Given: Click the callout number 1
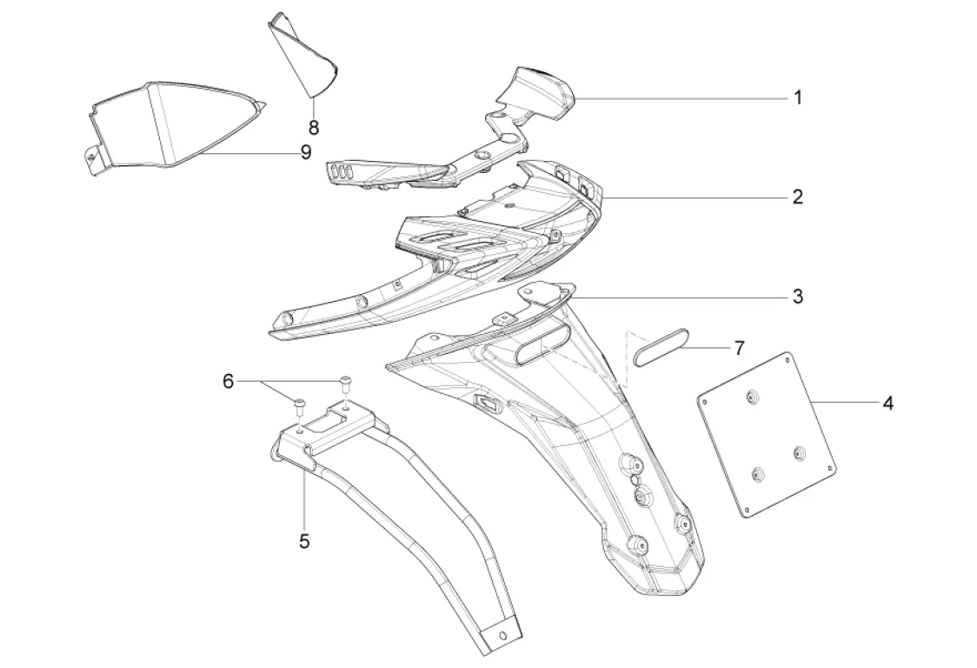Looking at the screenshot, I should click(797, 97).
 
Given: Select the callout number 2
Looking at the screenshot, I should click(797, 197).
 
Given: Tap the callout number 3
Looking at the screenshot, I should click(797, 297).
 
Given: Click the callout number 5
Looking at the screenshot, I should click(304, 540).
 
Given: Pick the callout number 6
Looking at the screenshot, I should click(229, 381).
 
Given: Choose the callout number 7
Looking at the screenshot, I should click(739, 349).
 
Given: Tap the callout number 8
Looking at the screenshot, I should click(314, 127).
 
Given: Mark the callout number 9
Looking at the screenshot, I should click(305, 152).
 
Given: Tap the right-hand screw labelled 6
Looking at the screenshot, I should click(345, 380).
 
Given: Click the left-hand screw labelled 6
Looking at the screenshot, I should click(300, 404).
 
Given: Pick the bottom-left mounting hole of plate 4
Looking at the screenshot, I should click(758, 474).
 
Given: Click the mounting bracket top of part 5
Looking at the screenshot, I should click(330, 426).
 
